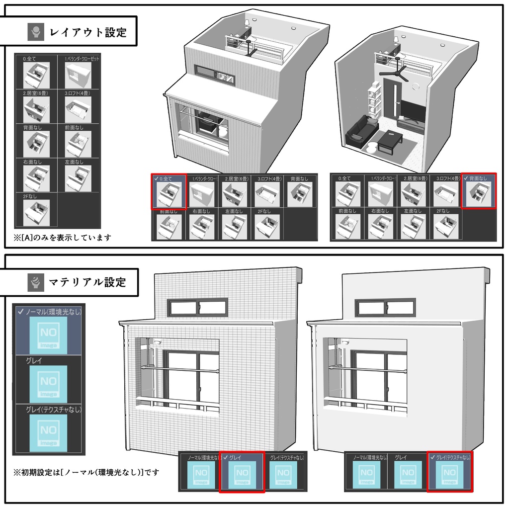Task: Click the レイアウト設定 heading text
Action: [x=88, y=33]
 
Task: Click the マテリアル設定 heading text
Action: [x=87, y=283]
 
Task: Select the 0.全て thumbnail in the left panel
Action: [x=37, y=75]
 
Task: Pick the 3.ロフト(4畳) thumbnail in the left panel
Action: [x=78, y=109]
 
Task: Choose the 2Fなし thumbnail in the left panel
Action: [x=37, y=212]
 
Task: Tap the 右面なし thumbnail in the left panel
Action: [x=37, y=177]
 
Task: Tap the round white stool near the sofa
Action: [x=371, y=148]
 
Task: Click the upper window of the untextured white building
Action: [x=386, y=307]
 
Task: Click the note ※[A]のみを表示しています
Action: [x=63, y=238]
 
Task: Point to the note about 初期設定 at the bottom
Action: [x=86, y=472]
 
